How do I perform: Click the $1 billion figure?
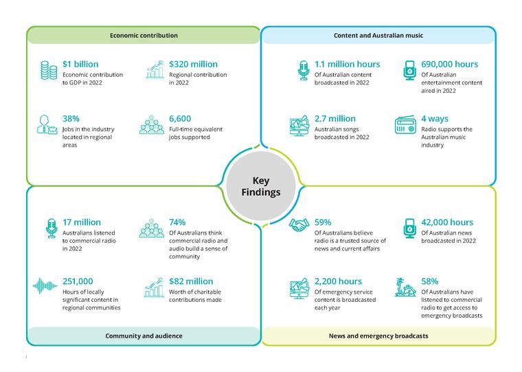coord(80,64)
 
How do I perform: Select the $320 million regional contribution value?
coord(193,64)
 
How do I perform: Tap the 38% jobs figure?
coord(71,119)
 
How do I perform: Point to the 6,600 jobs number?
coord(180,119)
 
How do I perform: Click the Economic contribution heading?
coord(144,35)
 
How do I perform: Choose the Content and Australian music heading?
coord(378,35)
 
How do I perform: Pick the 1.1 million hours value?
coord(348,64)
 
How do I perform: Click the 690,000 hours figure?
coord(449,64)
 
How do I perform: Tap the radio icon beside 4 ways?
coord(405,124)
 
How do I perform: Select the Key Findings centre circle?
coord(261,186)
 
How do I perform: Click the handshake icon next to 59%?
coord(299,225)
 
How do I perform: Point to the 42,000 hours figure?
coord(447,222)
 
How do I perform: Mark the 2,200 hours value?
coord(338,281)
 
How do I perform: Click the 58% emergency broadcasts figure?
coord(429,281)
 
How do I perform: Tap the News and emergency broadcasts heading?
coord(378,336)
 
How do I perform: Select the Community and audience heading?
coord(144,336)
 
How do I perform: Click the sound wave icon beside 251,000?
coord(45,286)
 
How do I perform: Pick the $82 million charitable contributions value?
coord(191,281)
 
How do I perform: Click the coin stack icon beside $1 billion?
coord(49,70)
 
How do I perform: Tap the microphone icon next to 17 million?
coord(52,228)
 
